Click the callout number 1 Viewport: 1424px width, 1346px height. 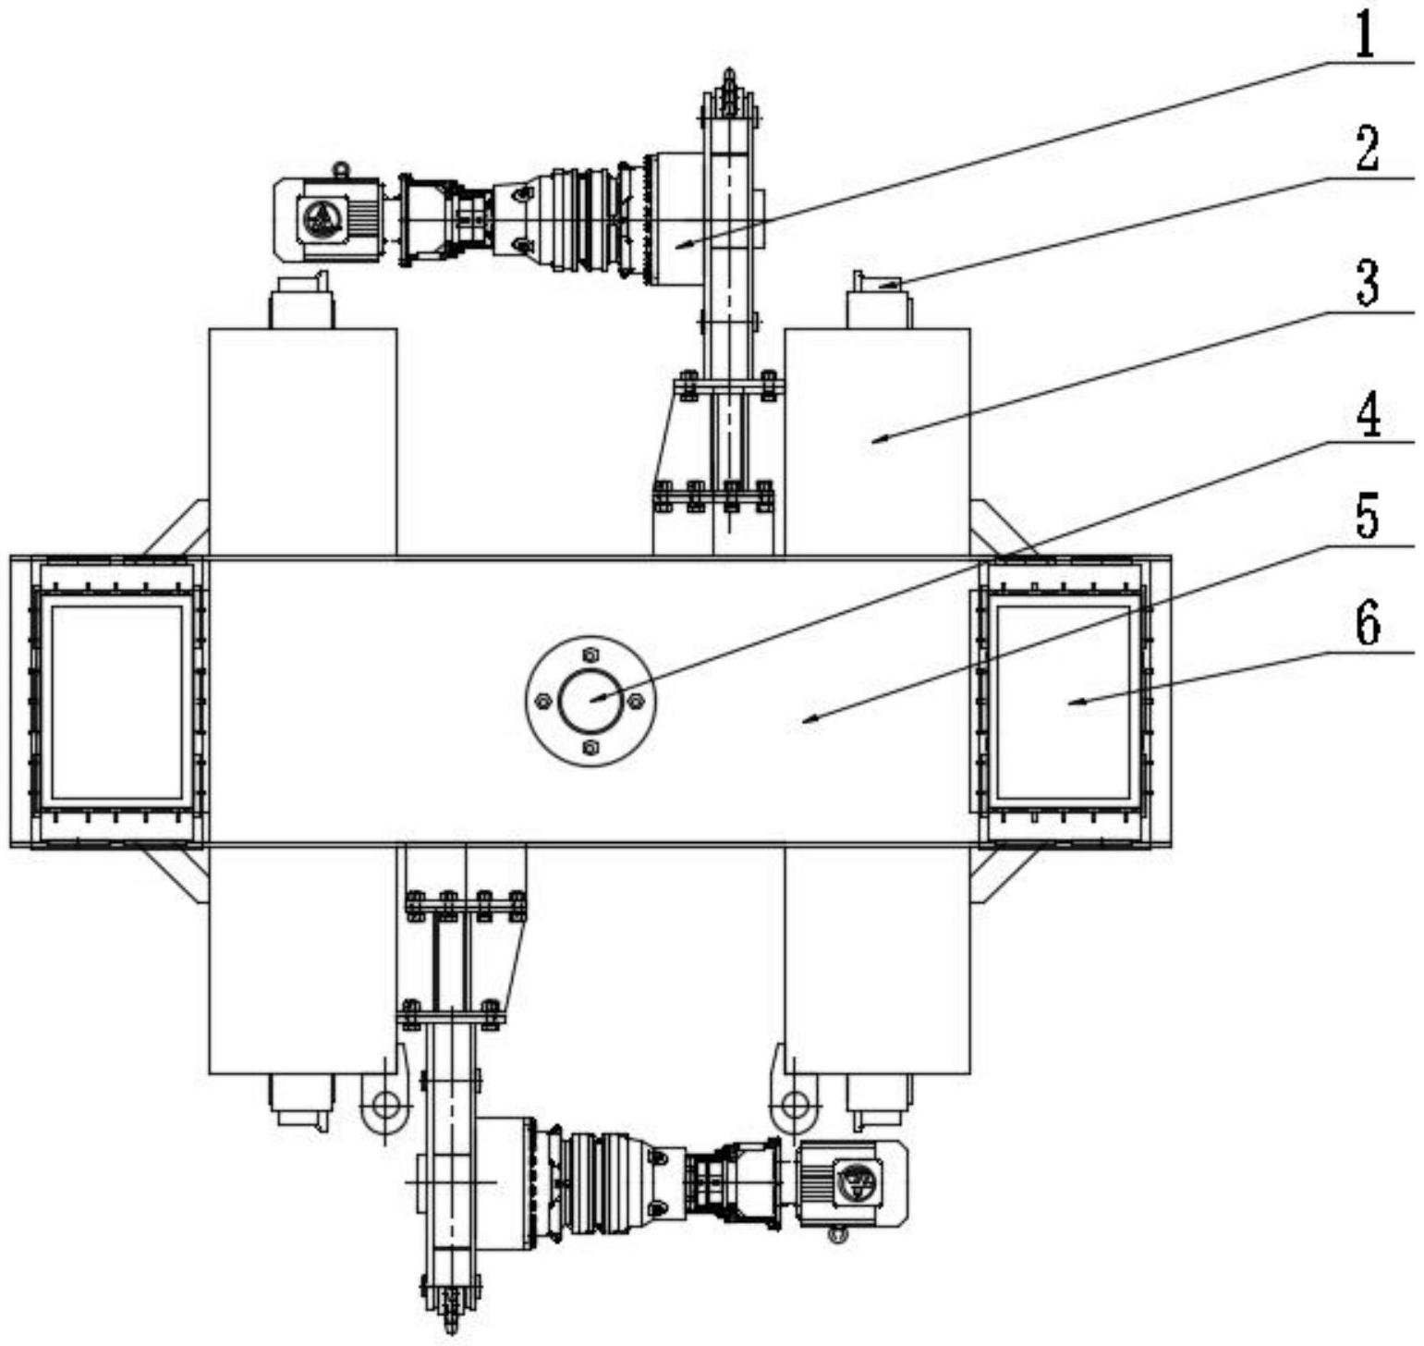point(1365,36)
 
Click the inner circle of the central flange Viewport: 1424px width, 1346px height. point(591,700)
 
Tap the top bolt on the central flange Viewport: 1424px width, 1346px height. point(591,655)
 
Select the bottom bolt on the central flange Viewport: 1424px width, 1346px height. point(591,746)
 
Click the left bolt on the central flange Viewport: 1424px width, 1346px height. point(545,701)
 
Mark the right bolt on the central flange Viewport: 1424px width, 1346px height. point(636,701)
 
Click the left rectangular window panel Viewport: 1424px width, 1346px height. point(116,703)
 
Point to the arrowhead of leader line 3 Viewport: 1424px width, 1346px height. point(878,440)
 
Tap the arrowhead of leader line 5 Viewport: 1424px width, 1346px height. point(808,719)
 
